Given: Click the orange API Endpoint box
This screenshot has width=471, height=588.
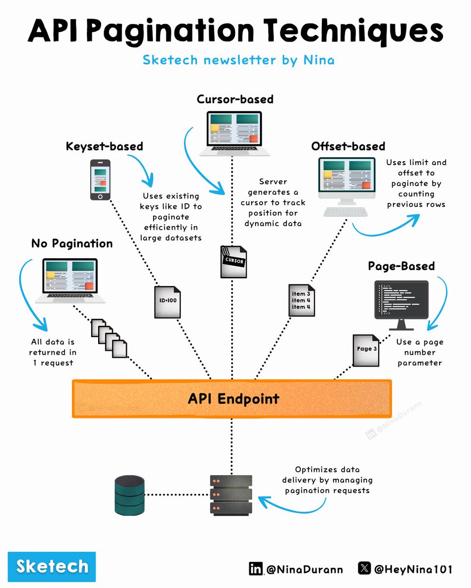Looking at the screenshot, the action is pos(232,399).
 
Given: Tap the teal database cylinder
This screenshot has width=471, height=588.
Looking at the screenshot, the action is pos(130,495).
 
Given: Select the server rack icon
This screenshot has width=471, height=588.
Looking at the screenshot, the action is pos(231,495).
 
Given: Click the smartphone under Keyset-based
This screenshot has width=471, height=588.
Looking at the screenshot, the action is pos(101,180).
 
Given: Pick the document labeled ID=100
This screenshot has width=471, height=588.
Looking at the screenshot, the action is pos(167,302).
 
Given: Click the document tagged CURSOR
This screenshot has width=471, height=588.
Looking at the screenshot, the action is pos(234,262).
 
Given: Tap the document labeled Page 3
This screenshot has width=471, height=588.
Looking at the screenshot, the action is pos(366,350).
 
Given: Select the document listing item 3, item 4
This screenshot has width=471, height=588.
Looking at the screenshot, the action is pos(302,300).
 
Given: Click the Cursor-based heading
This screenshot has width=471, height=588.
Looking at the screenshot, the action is pos(235,99).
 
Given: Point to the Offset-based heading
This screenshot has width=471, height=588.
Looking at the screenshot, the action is pos(348,146).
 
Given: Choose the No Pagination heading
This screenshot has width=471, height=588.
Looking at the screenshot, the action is pos(72,244).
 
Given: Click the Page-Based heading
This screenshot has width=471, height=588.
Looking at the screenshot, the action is pos(401,266).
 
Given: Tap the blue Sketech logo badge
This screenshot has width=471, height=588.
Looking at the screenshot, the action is pos(52,566).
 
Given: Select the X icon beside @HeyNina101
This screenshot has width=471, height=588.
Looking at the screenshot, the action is pos(365,568).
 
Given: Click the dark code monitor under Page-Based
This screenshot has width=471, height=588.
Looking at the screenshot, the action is pos(401,305).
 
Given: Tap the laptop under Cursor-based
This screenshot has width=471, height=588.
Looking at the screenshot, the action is pos(234,134).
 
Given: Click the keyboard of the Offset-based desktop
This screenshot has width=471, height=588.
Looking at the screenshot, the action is pos(346,212).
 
